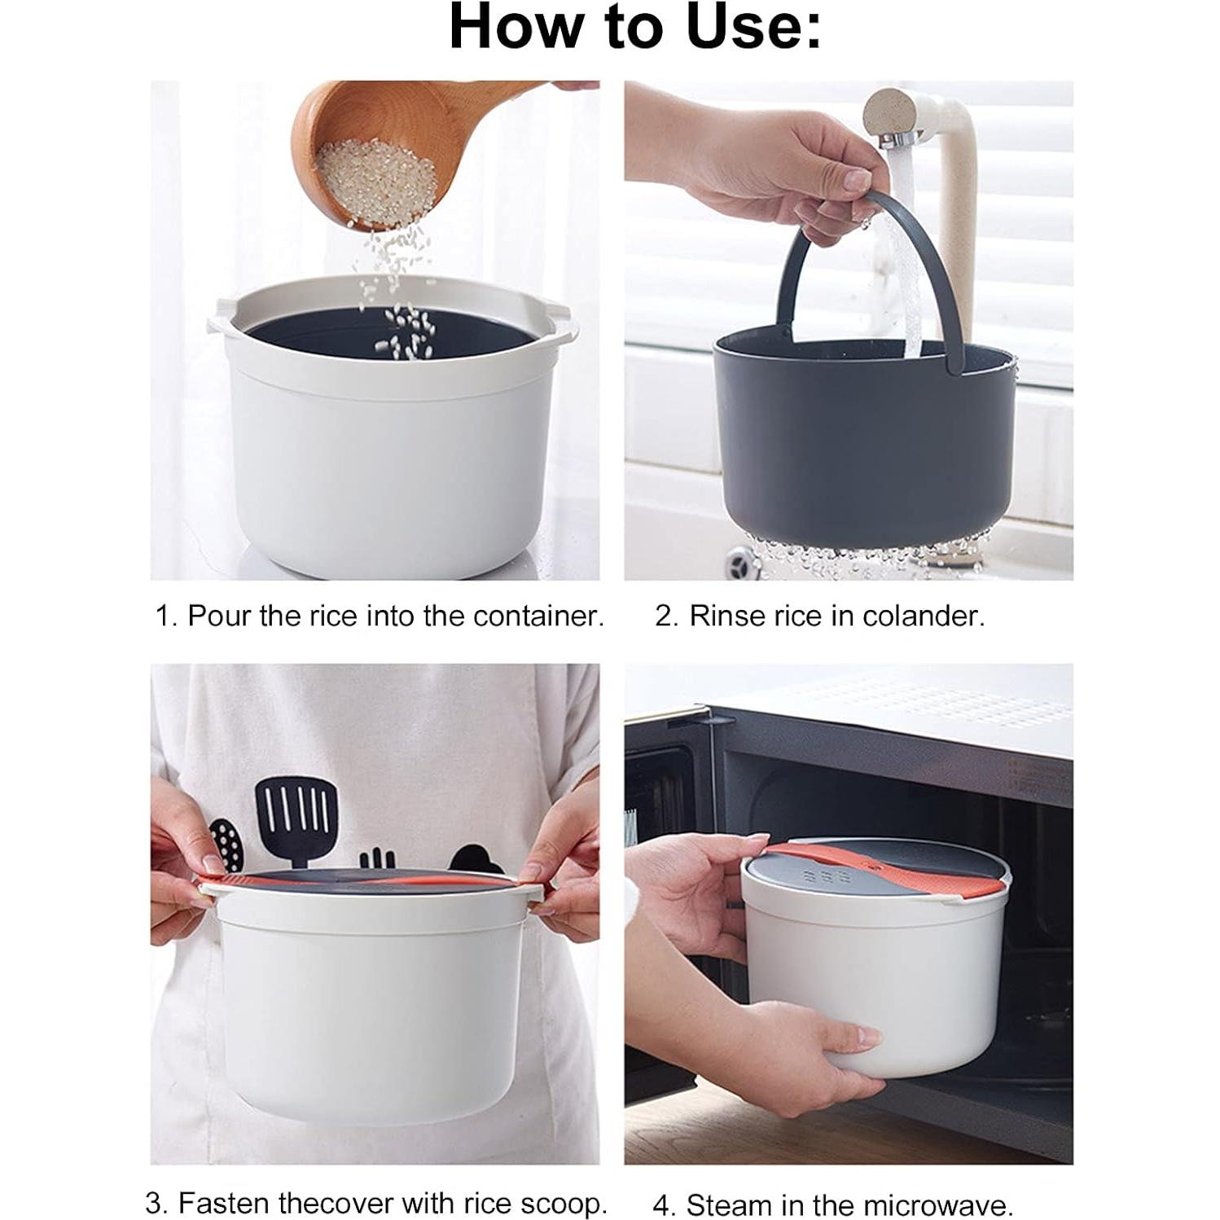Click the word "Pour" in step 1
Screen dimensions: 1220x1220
point(220,617)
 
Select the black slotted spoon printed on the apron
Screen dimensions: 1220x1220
point(226,845)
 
